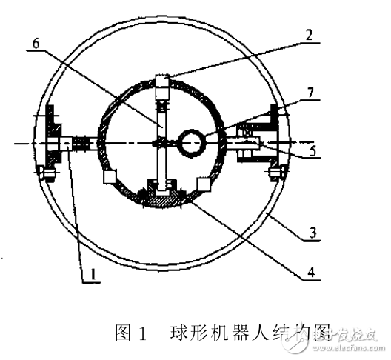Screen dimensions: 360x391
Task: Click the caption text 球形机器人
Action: (x=210, y=330)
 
